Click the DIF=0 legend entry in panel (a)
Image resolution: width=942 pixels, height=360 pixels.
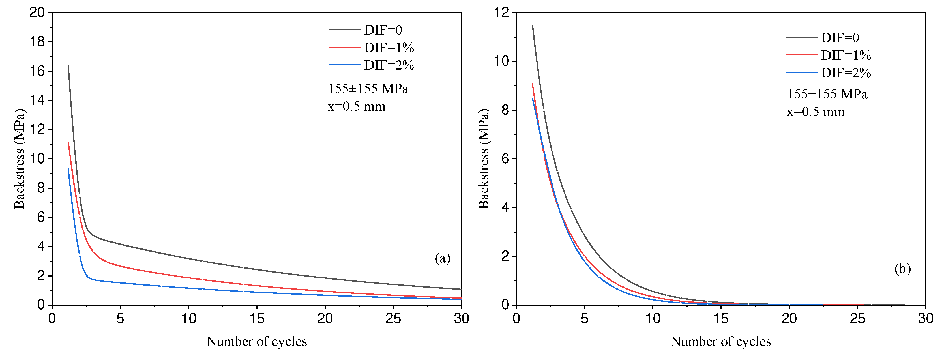coord(383,30)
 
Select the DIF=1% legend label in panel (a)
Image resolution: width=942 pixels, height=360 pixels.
coord(389,48)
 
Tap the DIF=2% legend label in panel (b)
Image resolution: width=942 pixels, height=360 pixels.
coord(846,73)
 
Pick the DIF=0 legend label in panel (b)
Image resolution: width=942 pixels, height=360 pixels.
coord(840,37)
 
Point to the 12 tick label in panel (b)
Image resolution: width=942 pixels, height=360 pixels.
coord(501,12)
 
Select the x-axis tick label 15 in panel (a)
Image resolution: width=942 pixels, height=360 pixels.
coord(257,319)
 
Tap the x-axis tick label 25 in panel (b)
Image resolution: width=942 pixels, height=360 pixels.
coord(857,319)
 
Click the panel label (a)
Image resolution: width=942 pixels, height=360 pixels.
coord(442,258)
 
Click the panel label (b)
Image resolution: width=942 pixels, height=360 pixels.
coord(902,269)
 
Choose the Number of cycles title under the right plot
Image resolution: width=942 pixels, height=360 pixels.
coord(720,341)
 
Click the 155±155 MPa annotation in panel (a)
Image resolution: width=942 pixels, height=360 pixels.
coord(368,89)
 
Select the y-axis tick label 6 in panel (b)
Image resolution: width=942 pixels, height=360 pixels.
coord(505,159)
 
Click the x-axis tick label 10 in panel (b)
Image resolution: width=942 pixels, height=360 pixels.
coord(653,319)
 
